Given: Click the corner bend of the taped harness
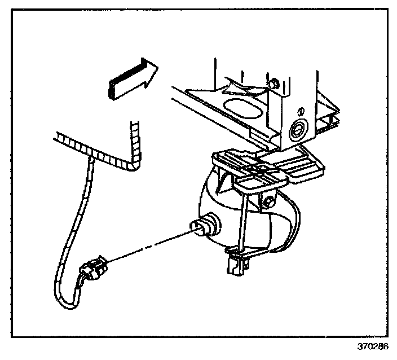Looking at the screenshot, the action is pos(133,165).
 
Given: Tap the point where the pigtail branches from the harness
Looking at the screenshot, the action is pos(90,160).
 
